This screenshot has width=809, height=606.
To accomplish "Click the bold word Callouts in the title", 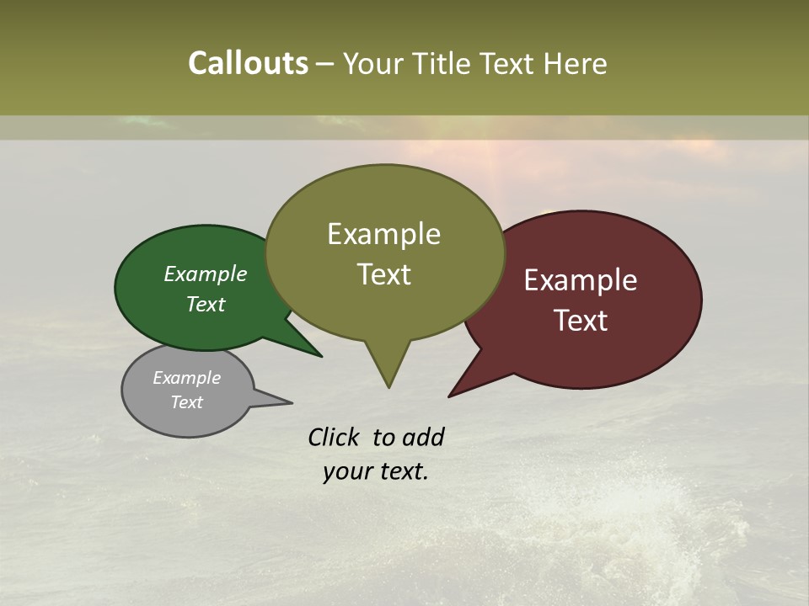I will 248,63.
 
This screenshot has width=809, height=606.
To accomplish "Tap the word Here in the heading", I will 576,63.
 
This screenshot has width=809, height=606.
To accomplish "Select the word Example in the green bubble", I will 206,274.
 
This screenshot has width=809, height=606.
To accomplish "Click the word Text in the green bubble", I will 206,304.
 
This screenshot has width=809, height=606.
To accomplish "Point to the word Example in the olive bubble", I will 383,234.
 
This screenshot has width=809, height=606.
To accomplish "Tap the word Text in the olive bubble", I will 384,274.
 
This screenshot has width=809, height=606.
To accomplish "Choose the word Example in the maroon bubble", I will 581,280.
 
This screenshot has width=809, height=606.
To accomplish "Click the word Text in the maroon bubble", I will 581,321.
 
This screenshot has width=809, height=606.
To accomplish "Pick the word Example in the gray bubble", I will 187,378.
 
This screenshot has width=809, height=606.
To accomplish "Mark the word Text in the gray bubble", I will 187,402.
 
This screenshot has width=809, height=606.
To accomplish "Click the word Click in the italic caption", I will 334,438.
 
